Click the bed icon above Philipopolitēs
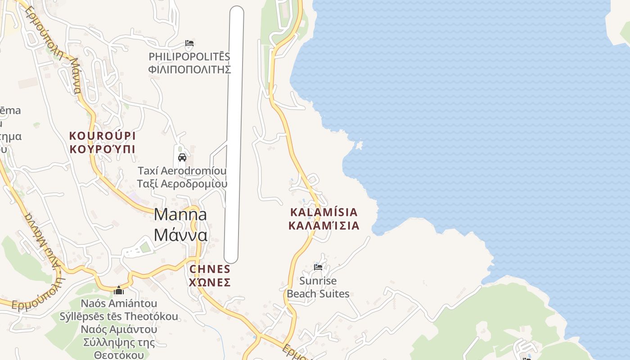pos(189,44)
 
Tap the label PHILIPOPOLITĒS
pos(189,57)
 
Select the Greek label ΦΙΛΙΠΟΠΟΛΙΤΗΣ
pos(189,69)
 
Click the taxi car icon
pos(182,157)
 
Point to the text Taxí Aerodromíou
pos(182,171)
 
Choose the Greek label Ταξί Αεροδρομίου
pos(182,184)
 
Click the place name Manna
pos(180,215)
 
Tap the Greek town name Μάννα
pos(180,235)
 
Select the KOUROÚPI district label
pos(102,136)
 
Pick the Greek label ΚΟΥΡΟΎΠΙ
pos(102,149)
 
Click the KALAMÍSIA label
pos(324,212)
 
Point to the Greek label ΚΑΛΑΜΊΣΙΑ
pos(324,225)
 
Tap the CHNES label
pos(210,269)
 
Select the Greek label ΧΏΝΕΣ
pos(210,283)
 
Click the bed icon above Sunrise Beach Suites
pos(318,267)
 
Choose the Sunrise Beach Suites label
pos(318,288)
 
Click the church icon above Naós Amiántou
pos(119,290)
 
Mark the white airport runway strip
pos(234,135)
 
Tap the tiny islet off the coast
pos(359,145)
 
